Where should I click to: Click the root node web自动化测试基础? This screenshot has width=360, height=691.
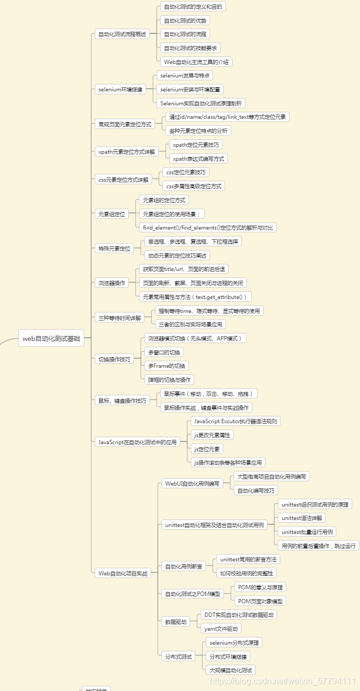click(x=51, y=339)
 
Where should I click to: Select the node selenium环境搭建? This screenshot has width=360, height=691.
click(x=121, y=89)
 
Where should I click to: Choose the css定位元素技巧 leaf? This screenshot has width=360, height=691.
click(x=186, y=172)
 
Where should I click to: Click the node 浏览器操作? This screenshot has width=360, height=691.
click(x=111, y=282)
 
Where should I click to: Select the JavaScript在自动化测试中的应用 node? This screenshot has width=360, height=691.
click(x=137, y=442)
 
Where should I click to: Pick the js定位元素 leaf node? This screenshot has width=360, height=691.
click(x=207, y=448)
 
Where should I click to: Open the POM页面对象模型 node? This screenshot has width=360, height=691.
click(x=260, y=601)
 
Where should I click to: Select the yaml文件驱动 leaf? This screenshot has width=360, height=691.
click(x=221, y=628)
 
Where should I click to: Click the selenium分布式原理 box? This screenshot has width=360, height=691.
click(x=234, y=643)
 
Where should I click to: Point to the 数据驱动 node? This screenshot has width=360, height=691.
click(x=176, y=621)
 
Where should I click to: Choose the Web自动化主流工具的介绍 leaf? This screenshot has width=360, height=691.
click(x=196, y=62)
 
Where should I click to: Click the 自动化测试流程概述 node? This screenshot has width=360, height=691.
click(x=122, y=34)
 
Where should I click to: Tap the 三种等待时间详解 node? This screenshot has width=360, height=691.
click(x=119, y=318)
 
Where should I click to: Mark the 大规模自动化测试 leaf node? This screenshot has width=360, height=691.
click(x=230, y=670)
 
